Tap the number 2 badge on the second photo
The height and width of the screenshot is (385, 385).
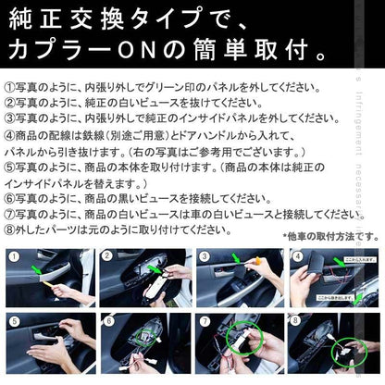click(106, 255)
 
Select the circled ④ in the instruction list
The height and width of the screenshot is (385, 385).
click(10, 143)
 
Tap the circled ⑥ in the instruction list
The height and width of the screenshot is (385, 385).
click(10, 196)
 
